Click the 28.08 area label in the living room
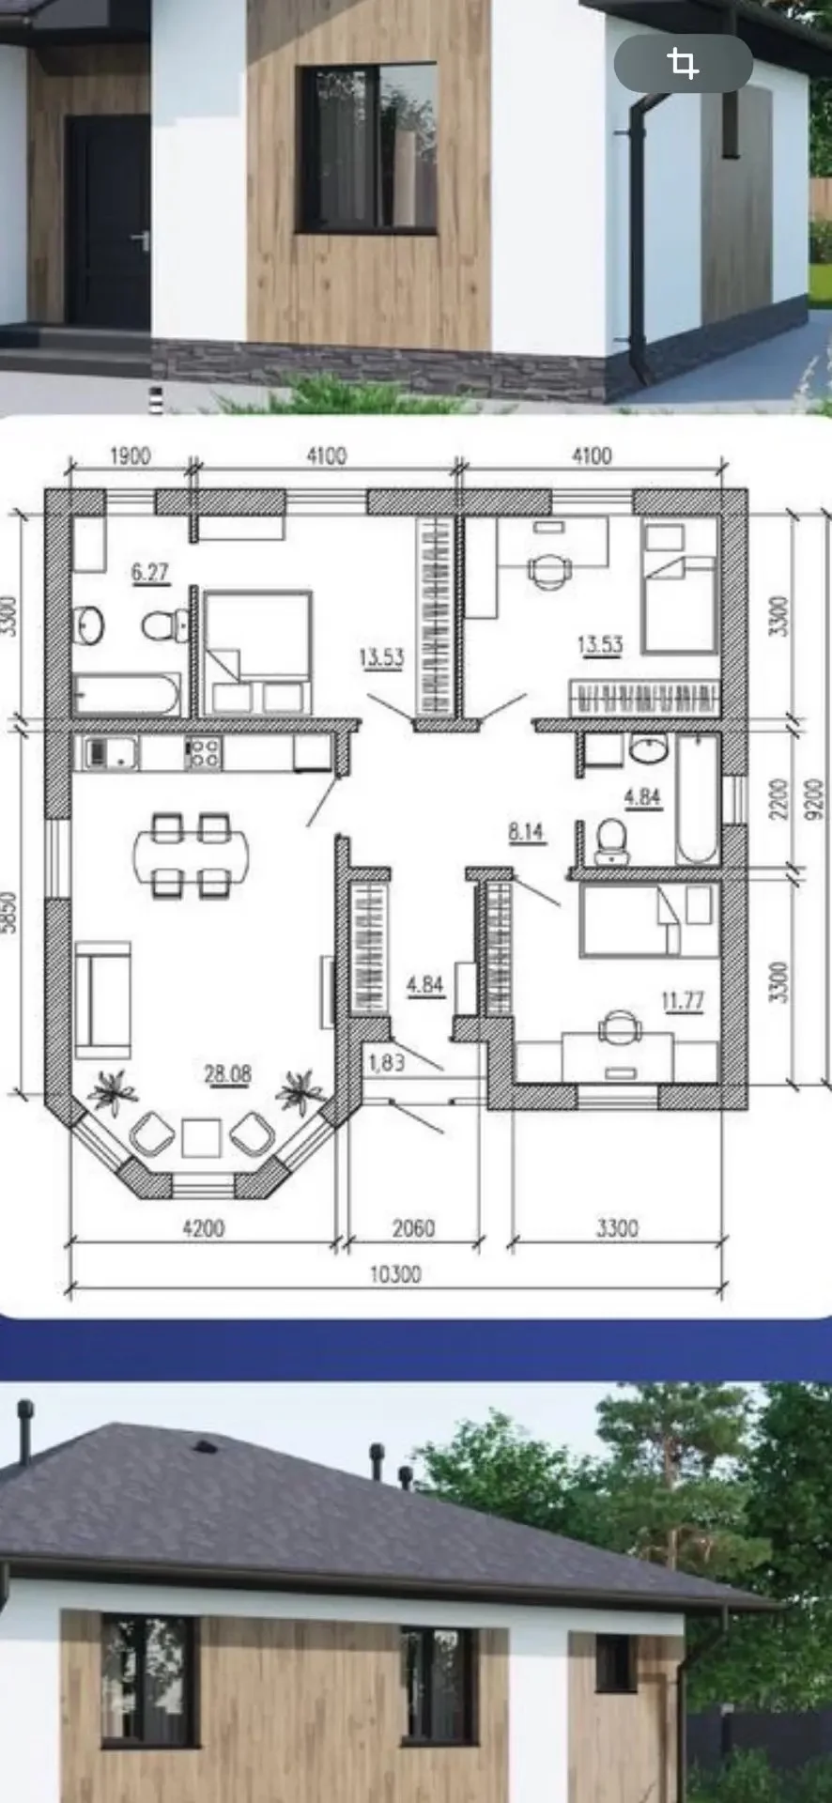(228, 1073)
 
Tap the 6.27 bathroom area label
(150, 571)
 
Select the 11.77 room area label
(683, 1001)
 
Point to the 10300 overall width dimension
(395, 1274)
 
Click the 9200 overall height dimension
(812, 797)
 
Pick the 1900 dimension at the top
(130, 456)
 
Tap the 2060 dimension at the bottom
(412, 1228)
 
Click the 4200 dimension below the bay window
(203, 1228)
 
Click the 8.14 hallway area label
(527, 832)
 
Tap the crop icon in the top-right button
(683, 64)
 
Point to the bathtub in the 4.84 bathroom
(697, 799)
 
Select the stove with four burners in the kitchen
(205, 752)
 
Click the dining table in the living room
(192, 855)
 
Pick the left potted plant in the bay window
(112, 1091)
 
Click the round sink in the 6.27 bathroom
(90, 624)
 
